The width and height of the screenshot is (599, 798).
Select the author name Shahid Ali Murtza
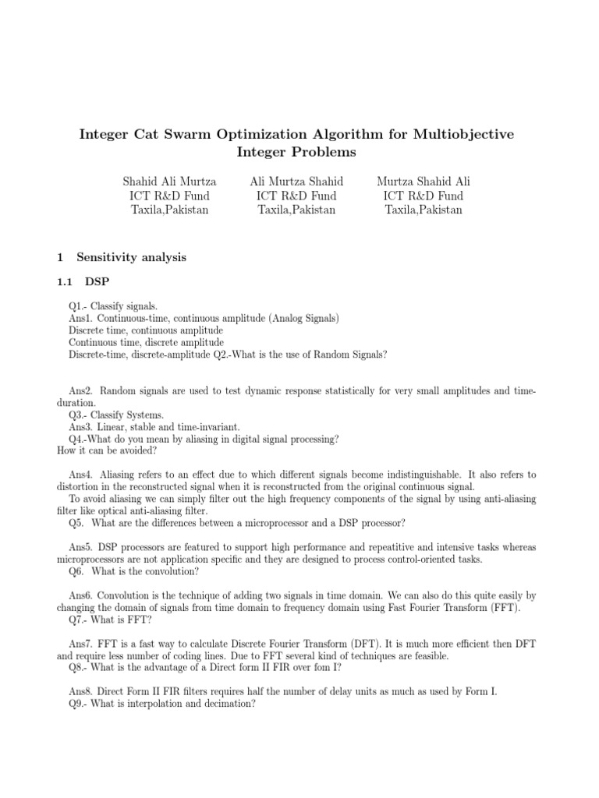click(170, 182)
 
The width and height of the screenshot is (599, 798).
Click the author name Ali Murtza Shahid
click(296, 182)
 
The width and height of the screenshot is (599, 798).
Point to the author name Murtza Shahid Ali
click(424, 182)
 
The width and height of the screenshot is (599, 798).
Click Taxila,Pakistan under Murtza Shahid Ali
click(424, 210)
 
